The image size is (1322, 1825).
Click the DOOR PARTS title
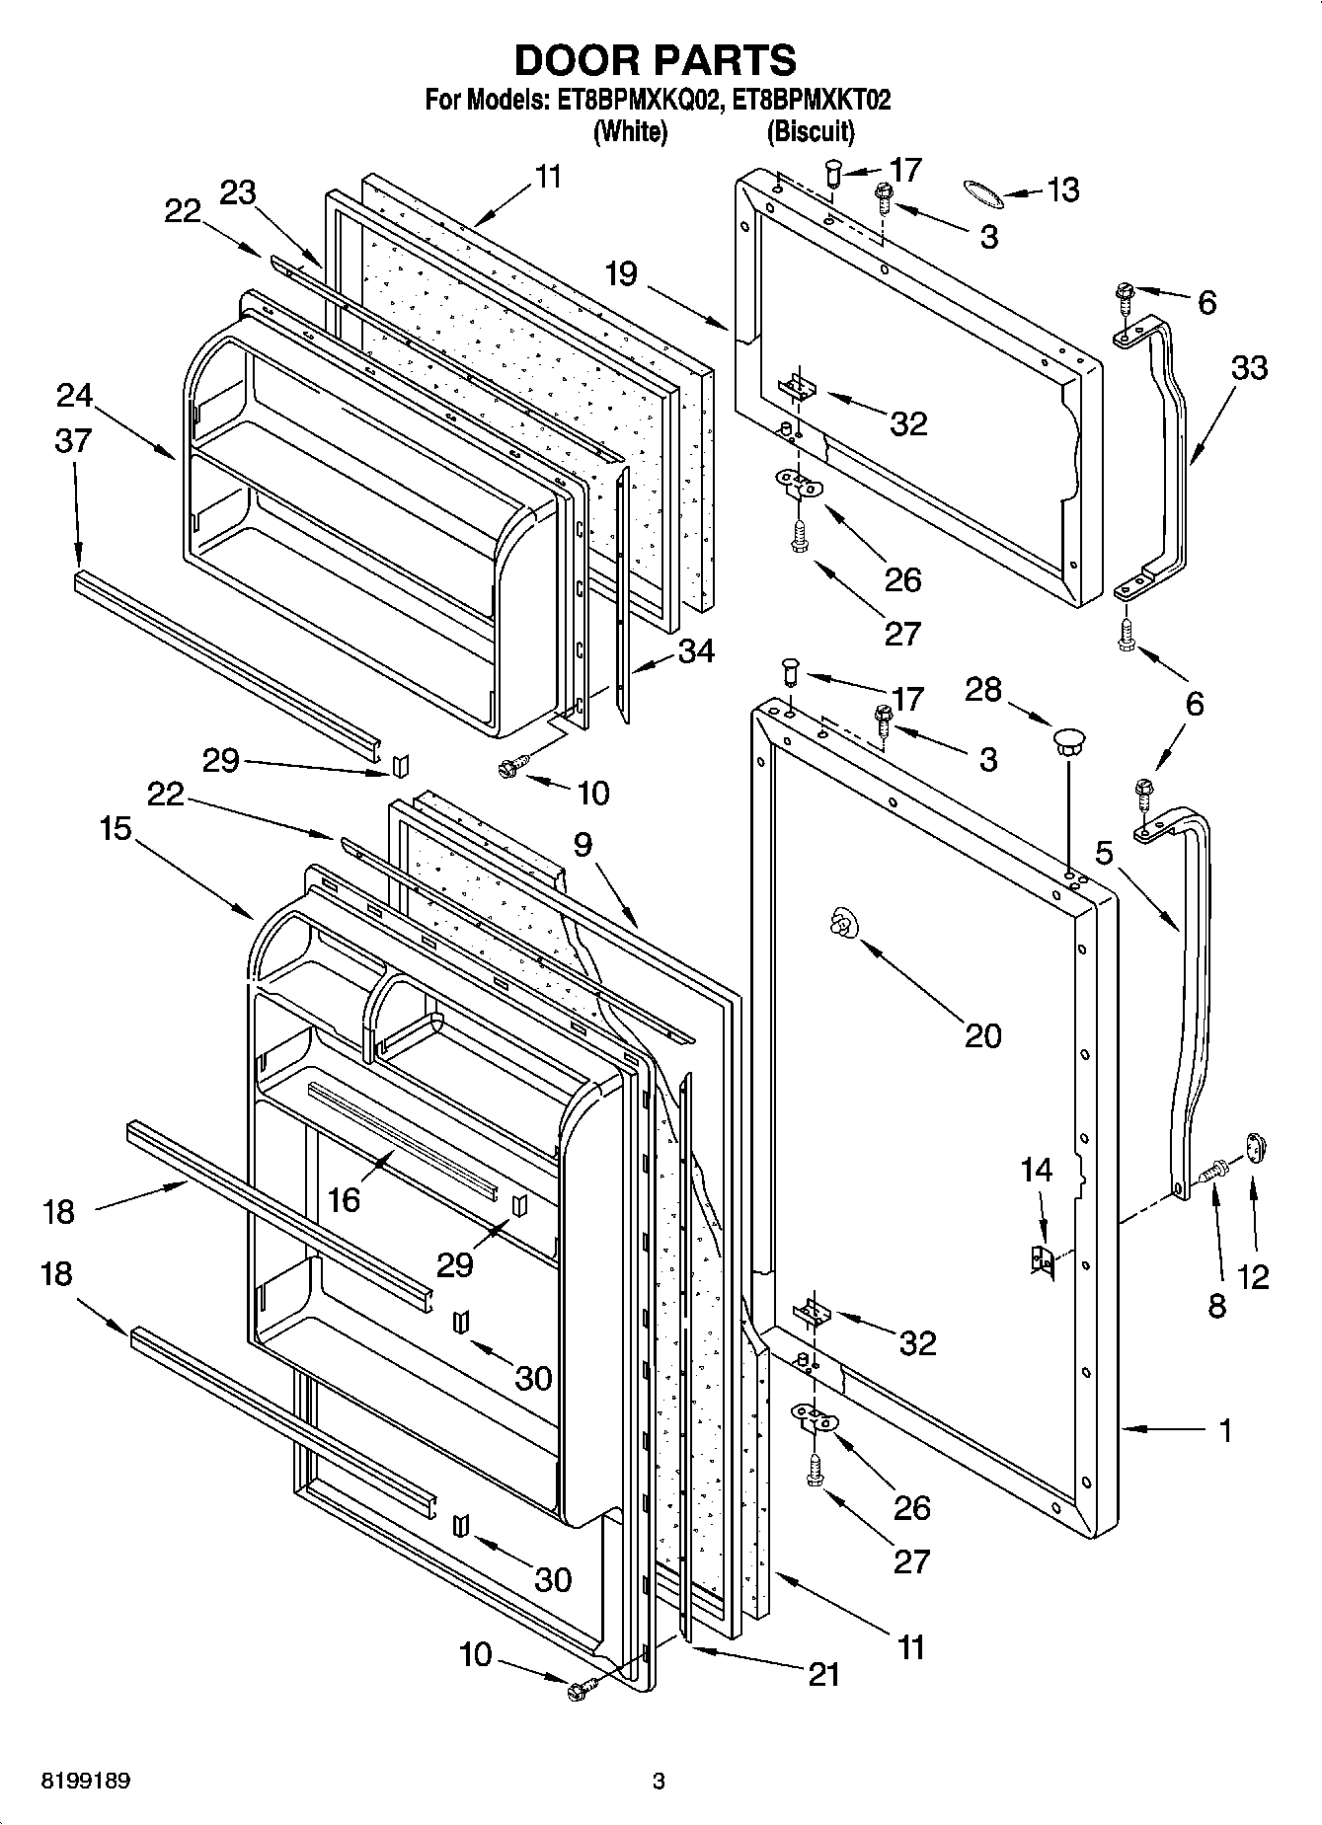pos(655,61)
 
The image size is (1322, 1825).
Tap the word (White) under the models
pos(630,131)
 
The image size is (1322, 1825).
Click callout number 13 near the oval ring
pos(1062,190)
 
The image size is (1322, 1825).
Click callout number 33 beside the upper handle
pos(1248,368)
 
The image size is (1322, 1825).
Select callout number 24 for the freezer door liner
pos(74,396)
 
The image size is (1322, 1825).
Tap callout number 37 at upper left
pos(73,440)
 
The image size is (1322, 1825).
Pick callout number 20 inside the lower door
pos(981,1035)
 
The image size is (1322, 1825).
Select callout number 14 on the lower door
pos(1036,1171)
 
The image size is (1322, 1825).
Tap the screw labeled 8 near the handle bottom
pos(1211,1173)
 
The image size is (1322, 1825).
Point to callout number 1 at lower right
pos(1225,1429)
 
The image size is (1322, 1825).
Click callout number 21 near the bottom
pos(822,1674)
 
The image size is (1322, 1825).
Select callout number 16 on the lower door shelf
pos(344,1198)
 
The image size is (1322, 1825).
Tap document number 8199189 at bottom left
pos(86,1781)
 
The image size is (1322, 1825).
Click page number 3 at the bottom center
pos(659,1781)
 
